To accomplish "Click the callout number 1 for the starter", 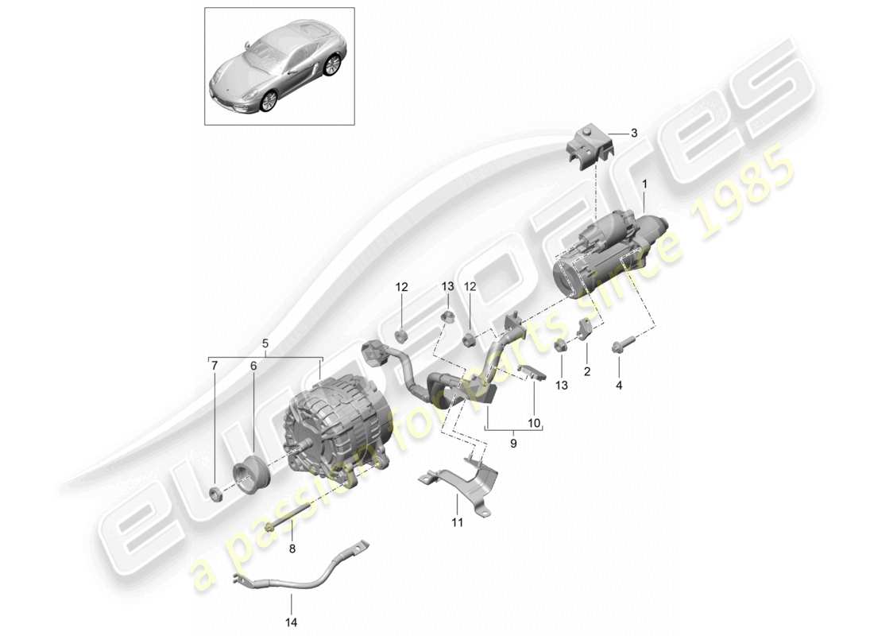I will click(x=644, y=184).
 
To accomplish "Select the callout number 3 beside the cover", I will click(x=634, y=134).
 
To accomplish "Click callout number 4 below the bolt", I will click(x=619, y=385).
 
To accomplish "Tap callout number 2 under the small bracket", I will click(x=586, y=371).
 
